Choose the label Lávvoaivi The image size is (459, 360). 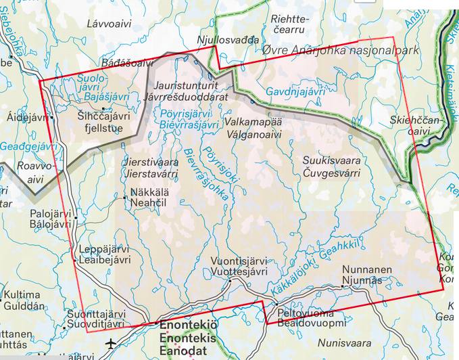click(x=107, y=24)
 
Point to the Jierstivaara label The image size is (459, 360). click(x=151, y=162)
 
